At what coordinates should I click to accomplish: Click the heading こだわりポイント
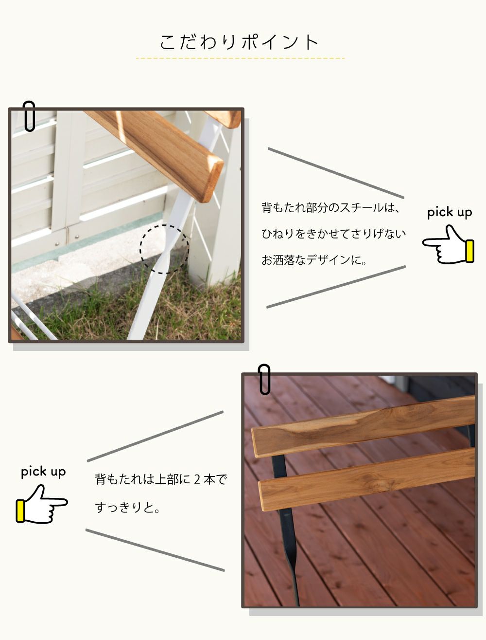pos(239,42)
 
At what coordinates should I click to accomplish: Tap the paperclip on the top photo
pos(29,116)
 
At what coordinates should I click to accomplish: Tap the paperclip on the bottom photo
pos(264,379)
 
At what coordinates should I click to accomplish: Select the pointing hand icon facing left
pos(448,245)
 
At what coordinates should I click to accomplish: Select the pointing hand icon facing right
pos(42,504)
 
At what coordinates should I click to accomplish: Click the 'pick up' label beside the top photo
pos(450,212)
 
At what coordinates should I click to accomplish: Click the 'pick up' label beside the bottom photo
pos(43,472)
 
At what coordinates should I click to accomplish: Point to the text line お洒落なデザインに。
pos(314,260)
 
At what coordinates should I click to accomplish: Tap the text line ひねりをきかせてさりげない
pos(333,234)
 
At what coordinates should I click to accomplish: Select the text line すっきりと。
pos(127,507)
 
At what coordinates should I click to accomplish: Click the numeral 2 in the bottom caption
pos(197,479)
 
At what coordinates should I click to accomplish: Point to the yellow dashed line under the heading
pos(241,58)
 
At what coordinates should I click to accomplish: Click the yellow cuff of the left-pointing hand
pos(469,251)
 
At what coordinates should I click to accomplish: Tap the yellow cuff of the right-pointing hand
pos(20,511)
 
